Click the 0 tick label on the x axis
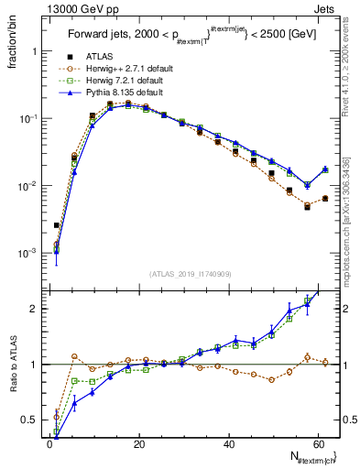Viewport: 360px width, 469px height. [49, 444]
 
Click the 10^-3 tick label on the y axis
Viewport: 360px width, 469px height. [28, 253]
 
